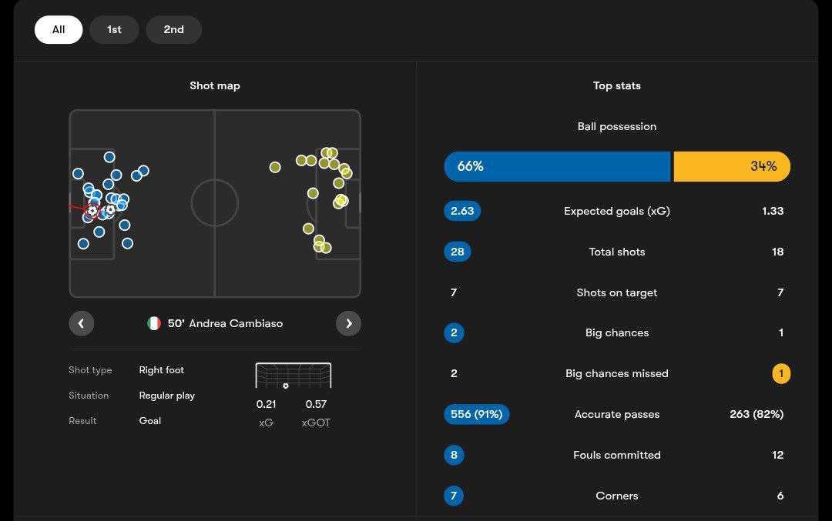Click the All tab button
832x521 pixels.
click(x=59, y=30)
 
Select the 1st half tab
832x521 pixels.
click(x=114, y=30)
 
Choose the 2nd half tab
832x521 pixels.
click(x=173, y=30)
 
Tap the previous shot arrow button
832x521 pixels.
click(x=82, y=323)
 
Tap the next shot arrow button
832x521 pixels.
click(x=348, y=323)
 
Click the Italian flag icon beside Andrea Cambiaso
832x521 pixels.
click(x=154, y=324)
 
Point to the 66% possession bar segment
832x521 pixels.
click(x=556, y=166)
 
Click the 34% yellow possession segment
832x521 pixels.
click(x=732, y=166)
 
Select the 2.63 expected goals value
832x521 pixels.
click(x=462, y=211)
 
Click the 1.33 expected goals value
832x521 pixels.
click(x=773, y=211)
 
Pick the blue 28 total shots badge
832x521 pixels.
click(x=458, y=252)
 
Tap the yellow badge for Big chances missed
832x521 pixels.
click(x=780, y=373)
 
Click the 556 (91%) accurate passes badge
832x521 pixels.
click(x=476, y=414)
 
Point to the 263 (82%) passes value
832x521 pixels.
click(x=756, y=414)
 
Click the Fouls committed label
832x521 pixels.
click(x=616, y=455)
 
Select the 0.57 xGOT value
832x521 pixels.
click(x=316, y=404)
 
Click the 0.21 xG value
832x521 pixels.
click(x=266, y=404)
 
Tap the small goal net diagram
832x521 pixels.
click(x=294, y=376)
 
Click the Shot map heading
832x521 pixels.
click(x=215, y=85)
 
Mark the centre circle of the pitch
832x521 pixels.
click(x=215, y=203)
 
